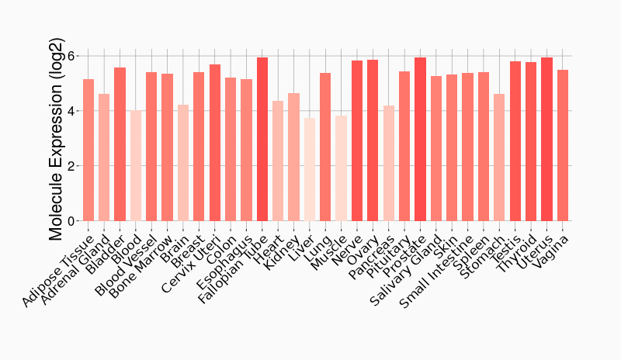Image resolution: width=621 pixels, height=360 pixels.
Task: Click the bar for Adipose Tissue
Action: point(88,151)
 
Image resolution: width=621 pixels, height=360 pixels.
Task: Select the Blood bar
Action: point(136,166)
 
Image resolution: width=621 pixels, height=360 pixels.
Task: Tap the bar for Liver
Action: point(310,170)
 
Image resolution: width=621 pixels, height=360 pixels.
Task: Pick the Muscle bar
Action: point(341,168)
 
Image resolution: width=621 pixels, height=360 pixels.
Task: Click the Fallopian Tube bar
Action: point(262,140)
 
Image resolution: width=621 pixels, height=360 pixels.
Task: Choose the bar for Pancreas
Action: point(389,164)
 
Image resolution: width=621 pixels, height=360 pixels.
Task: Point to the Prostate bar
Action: point(420,140)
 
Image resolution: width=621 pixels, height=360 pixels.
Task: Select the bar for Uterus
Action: point(546,140)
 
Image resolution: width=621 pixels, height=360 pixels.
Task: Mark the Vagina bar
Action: point(563,146)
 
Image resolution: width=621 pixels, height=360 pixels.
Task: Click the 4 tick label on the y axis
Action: point(71,112)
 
